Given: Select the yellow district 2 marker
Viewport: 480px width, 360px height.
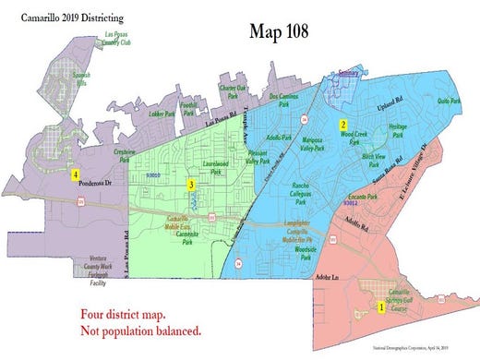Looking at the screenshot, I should pos(342,124).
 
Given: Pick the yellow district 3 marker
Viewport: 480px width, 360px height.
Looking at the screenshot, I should pos(190,185).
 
